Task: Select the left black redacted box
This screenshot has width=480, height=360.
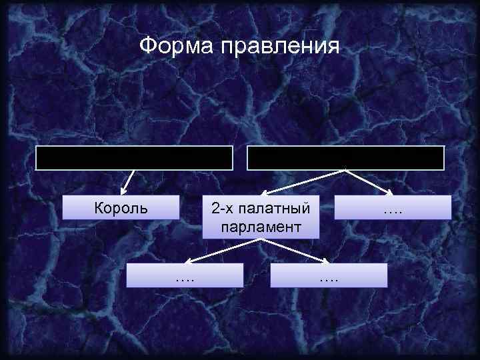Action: click(x=134, y=158)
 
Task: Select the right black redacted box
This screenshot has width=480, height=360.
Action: click(x=345, y=158)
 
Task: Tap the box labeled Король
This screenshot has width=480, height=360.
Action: click(x=121, y=207)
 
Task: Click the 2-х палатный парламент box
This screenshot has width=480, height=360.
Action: click(x=261, y=217)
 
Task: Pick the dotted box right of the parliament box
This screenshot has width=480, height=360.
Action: click(x=393, y=207)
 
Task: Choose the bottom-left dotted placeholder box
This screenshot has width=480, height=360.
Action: click(x=185, y=275)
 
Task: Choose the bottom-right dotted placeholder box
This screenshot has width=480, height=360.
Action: click(x=329, y=275)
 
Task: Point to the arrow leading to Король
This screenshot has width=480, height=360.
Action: click(x=128, y=182)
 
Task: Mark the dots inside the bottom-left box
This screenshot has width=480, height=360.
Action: click(x=185, y=278)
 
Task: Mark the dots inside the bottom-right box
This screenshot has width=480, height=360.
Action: click(x=329, y=278)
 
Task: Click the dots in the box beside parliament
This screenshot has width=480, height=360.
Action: click(x=393, y=211)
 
